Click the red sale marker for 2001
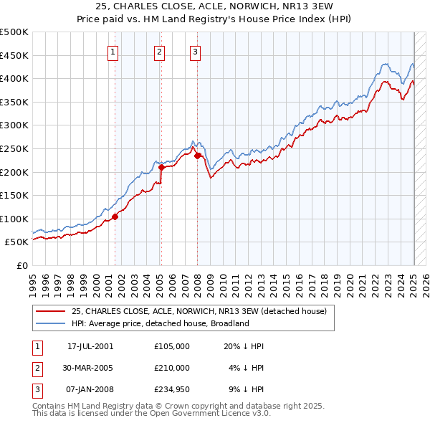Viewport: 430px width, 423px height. pyautogui.click(x=115, y=216)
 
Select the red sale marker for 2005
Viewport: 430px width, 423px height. pyautogui.click(x=161, y=168)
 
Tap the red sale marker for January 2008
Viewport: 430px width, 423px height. pyautogui.click(x=197, y=156)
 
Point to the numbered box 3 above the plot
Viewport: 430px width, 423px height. pyautogui.click(x=195, y=51)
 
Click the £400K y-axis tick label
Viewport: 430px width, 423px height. pyautogui.click(x=14, y=78)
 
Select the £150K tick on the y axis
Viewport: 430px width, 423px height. pyautogui.click(x=14, y=195)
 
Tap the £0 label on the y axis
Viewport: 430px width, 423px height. pyautogui.click(x=21, y=265)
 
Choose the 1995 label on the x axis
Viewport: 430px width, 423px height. pyautogui.click(x=33, y=281)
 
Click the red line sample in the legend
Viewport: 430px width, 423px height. pyautogui.click(x=50, y=311)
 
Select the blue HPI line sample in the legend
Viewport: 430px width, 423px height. pyautogui.click(x=50, y=323)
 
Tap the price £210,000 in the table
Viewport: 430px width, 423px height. pyautogui.click(x=172, y=368)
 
